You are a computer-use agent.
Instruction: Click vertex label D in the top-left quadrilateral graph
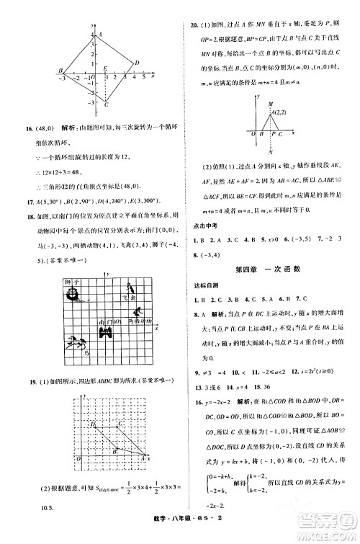pos(136,63)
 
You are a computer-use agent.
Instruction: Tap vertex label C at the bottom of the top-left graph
pos(107,106)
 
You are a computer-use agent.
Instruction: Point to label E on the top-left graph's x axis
pos(106,68)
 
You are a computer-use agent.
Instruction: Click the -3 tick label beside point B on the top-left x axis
pos(62,78)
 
